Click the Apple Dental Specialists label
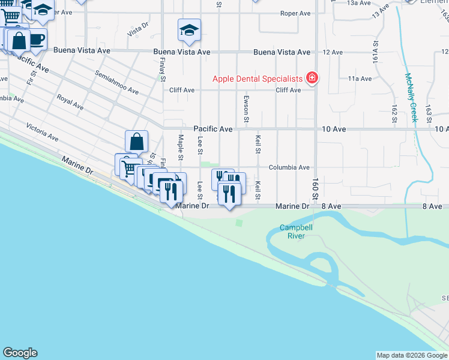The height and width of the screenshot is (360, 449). coord(259,79)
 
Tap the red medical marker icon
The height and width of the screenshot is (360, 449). coord(312,78)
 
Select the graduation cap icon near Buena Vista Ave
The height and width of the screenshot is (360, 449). coord(189,30)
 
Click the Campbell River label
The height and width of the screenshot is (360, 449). coord(296,232)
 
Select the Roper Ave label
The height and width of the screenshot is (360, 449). coord(295,13)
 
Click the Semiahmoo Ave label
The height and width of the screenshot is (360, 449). coord(116,82)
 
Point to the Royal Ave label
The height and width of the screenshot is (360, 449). coord(70,101)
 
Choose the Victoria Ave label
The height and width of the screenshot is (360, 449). coord(42,133)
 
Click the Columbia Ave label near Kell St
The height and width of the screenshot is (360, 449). coord(289,167)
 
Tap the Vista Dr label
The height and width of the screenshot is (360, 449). coord(138,28)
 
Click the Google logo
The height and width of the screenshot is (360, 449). coord(20,353)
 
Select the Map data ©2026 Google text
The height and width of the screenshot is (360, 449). coord(411,355)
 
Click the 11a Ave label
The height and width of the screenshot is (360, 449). coord(360,79)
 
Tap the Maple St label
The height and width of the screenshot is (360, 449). coord(181,148)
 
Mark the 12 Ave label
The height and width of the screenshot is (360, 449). coord(333,52)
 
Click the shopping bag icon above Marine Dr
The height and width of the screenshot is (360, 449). coord(137,142)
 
